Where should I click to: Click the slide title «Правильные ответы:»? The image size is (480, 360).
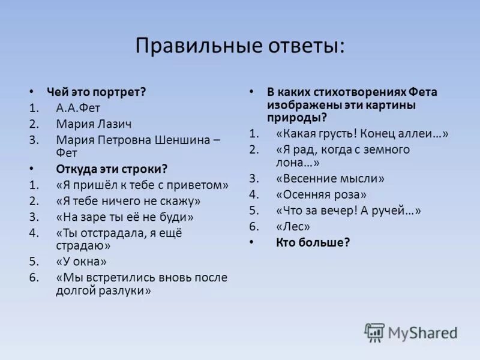pyautogui.click(x=240, y=46)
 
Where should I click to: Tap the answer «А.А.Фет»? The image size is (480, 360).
pyautogui.click(x=78, y=109)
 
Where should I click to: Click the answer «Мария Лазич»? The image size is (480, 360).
pyautogui.click(x=94, y=124)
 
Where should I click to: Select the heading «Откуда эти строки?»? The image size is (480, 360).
pyautogui.click(x=111, y=169)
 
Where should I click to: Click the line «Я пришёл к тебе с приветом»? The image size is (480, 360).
pyautogui.click(x=142, y=185)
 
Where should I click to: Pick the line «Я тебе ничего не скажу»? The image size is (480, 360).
pyautogui.click(x=128, y=201)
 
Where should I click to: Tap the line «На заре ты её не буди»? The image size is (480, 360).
pyautogui.click(x=125, y=217)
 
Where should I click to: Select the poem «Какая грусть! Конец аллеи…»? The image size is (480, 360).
pyautogui.click(x=362, y=134)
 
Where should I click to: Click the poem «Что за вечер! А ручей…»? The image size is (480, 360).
pyautogui.click(x=349, y=211)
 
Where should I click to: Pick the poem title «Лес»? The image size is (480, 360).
pyautogui.click(x=293, y=227)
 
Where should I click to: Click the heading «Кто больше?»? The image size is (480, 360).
pyautogui.click(x=313, y=242)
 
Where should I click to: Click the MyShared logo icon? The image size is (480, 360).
pyautogui.click(x=374, y=332)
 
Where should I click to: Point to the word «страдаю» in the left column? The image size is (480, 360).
pyautogui.click(x=83, y=245)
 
